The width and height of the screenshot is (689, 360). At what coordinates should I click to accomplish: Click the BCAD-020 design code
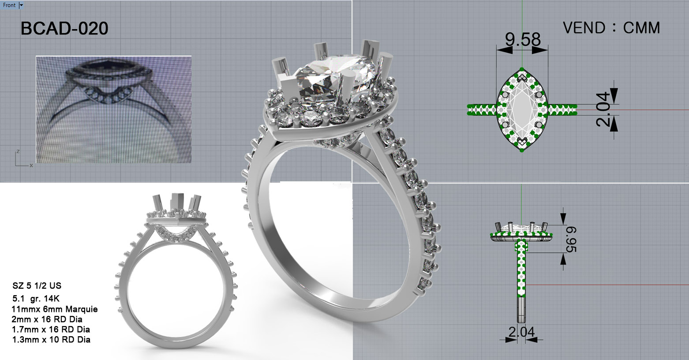click(64, 29)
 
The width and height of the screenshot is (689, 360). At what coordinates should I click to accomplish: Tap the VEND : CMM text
click(611, 28)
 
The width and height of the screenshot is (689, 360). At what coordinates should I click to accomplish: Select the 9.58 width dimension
click(523, 39)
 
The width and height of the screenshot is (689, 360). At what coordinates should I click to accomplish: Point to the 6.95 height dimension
click(571, 240)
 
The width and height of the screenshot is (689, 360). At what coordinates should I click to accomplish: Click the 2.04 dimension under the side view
click(521, 332)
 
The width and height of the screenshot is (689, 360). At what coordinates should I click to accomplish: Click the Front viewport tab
click(9, 5)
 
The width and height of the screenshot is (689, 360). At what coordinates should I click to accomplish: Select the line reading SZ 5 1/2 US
click(37, 286)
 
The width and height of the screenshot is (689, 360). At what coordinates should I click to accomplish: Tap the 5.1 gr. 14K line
click(36, 299)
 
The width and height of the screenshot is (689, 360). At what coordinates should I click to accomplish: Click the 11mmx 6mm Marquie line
click(55, 309)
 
